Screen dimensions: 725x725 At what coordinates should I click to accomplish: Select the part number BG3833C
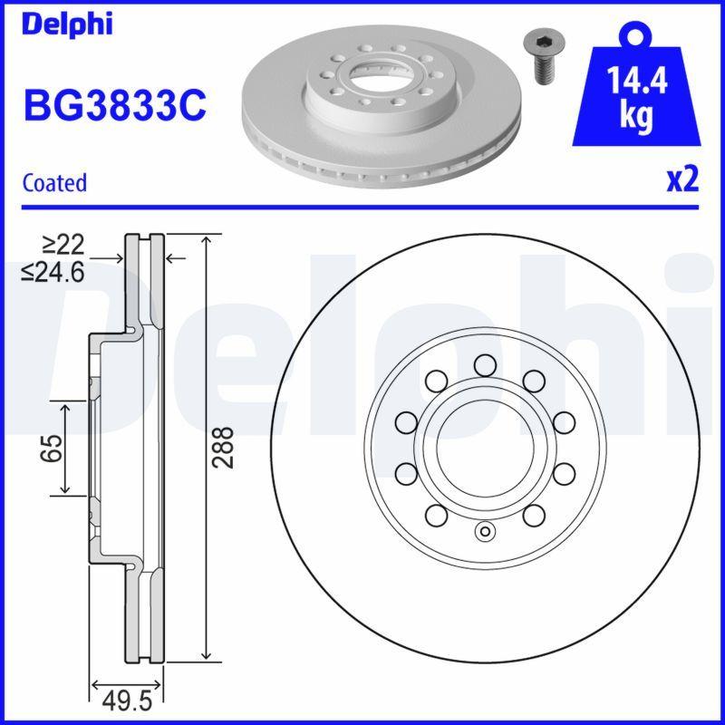(115, 104)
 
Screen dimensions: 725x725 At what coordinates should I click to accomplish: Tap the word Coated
(54, 182)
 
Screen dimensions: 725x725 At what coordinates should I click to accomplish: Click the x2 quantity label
(682, 180)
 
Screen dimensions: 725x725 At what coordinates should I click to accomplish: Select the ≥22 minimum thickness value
(63, 243)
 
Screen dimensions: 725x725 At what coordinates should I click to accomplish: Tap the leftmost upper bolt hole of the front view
(407, 421)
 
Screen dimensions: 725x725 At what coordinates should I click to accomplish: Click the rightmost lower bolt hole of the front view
(563, 472)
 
